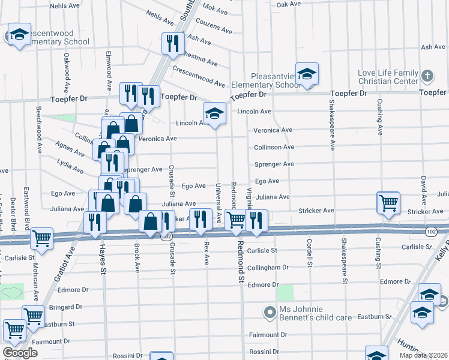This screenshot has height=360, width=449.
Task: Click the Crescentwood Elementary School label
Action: [x=51, y=37]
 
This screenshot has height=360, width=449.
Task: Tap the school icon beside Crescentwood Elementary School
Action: [x=19, y=35]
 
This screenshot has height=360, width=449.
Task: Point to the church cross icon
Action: [x=427, y=76]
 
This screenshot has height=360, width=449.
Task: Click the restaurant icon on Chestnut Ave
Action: [x=172, y=43]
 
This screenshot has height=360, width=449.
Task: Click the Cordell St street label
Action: [x=310, y=253]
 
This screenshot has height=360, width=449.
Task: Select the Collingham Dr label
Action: [x=270, y=267]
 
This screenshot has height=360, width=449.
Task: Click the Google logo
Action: [x=20, y=353]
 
